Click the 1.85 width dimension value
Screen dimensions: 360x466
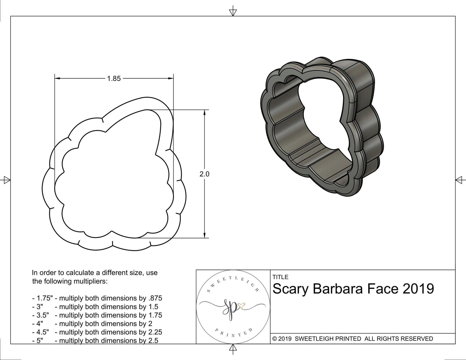(x=114, y=79)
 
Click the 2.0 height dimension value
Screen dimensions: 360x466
(x=204, y=174)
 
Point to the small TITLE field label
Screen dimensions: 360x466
(x=280, y=277)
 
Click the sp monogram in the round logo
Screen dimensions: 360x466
(x=230, y=310)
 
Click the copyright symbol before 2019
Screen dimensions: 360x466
(x=274, y=339)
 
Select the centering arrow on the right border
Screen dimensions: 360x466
(x=459, y=180)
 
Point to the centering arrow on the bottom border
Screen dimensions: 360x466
(x=233, y=348)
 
